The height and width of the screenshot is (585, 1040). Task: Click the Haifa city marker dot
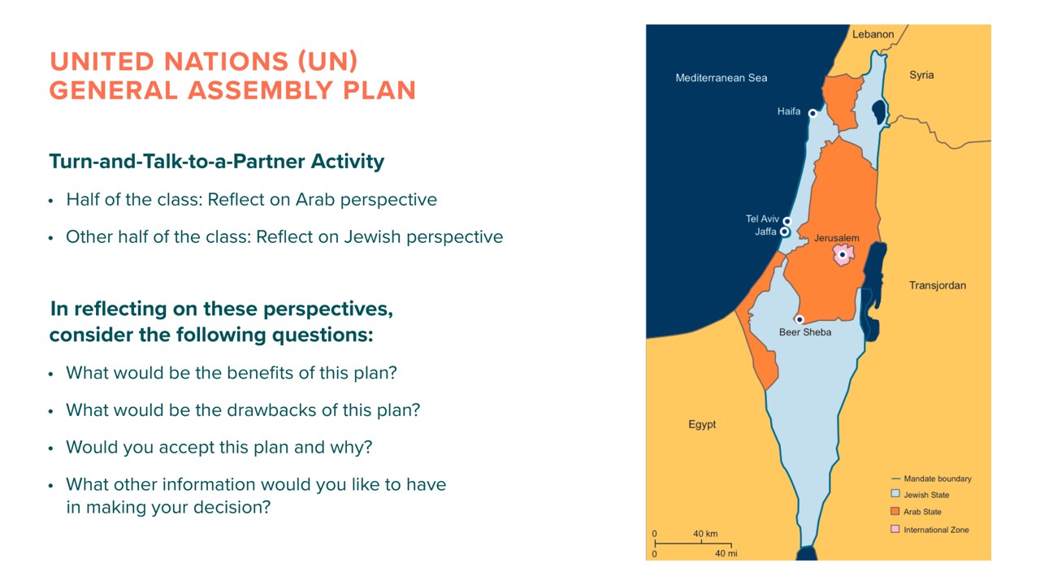point(812,113)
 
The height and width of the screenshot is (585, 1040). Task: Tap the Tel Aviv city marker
point(787,220)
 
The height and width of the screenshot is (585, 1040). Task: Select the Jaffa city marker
point(784,232)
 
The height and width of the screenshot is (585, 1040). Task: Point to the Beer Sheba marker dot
point(799,319)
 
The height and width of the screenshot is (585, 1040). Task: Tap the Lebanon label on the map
point(873,34)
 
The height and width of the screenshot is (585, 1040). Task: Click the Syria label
point(921,76)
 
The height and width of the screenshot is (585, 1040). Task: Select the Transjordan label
point(937,285)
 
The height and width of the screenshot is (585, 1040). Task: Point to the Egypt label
point(702,425)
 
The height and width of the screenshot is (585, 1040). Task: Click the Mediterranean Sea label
point(721,78)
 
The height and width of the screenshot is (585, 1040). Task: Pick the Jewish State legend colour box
point(895,493)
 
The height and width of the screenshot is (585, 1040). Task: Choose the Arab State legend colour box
point(895,511)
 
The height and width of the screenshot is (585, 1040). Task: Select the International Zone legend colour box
point(895,529)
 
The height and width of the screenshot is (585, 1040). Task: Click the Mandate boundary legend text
point(938,479)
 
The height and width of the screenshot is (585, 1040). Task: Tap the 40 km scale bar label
point(705,534)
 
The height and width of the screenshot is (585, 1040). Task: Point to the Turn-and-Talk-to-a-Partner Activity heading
point(217,162)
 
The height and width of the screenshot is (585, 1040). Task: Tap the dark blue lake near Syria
point(879,112)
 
